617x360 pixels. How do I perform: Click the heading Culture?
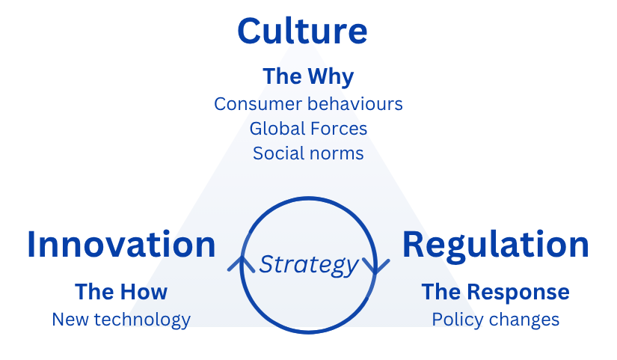[x=302, y=31]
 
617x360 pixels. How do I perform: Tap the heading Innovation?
[x=121, y=245]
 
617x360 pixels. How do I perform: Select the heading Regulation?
[x=495, y=245]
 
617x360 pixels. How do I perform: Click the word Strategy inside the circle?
[x=308, y=264]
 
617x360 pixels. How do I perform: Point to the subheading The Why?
[x=307, y=76]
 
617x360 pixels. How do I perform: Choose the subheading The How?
[x=121, y=291]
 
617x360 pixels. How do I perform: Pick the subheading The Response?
[x=495, y=291]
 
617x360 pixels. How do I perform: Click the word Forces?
[x=339, y=129]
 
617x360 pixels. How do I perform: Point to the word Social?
[x=276, y=153]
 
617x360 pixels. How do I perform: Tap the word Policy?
[x=455, y=320]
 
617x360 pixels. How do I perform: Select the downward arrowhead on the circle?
[x=375, y=265]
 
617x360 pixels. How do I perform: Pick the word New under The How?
[x=69, y=320]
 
